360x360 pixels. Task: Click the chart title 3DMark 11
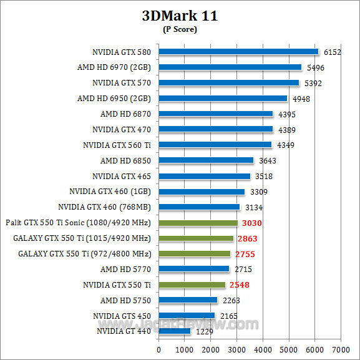click(x=180, y=16)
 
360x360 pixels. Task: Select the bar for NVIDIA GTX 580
click(x=238, y=52)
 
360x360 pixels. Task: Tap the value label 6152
click(x=332, y=52)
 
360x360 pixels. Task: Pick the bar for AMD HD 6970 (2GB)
click(x=230, y=67)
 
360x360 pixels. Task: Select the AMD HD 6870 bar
click(x=216, y=114)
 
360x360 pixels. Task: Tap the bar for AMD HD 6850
click(x=206, y=160)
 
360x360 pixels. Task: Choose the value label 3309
click(x=258, y=192)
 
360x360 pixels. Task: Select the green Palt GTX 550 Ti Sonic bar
click(x=198, y=223)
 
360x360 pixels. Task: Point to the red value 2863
click(x=246, y=238)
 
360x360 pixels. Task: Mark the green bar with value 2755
click(x=195, y=253)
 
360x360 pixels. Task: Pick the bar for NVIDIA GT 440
click(x=175, y=331)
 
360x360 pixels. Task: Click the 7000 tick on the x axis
click(x=341, y=349)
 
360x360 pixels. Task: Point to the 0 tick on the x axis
click(x=159, y=349)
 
